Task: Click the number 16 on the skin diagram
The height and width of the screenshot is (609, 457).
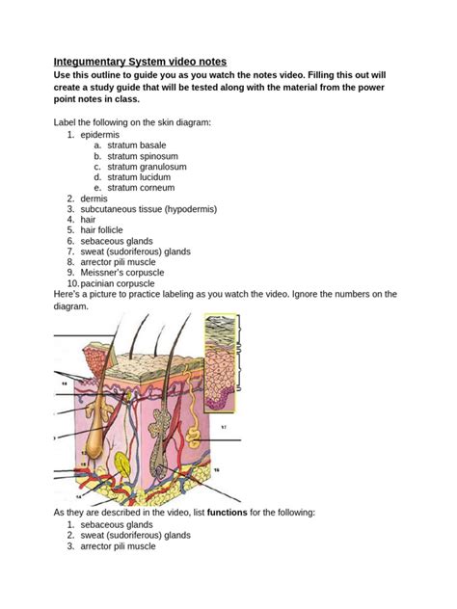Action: pos(217,469)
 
